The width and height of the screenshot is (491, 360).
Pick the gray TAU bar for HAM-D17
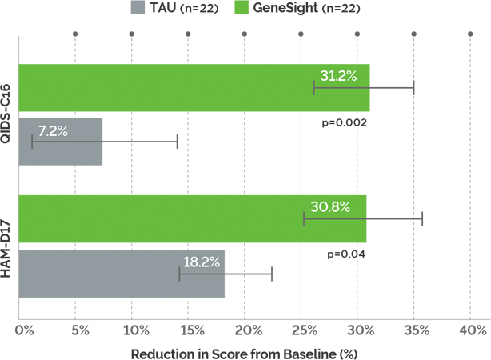tap(120, 274)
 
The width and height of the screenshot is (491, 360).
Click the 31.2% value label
tap(338, 76)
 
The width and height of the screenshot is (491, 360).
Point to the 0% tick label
tap(23, 330)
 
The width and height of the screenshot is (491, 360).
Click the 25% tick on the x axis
tap(303, 330)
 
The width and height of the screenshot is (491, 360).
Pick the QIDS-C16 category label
tap(7, 115)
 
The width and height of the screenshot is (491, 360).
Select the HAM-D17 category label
tap(7, 246)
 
